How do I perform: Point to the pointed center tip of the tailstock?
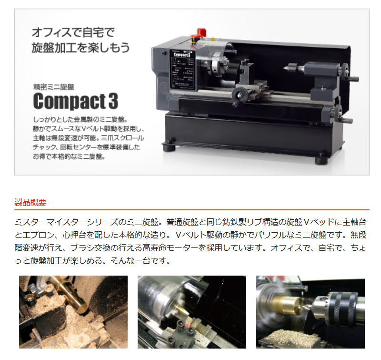(x=287, y=68)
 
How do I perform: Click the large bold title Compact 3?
(x=75, y=101)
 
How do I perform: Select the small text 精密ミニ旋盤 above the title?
(x=54, y=87)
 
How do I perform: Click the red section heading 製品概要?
(x=30, y=202)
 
